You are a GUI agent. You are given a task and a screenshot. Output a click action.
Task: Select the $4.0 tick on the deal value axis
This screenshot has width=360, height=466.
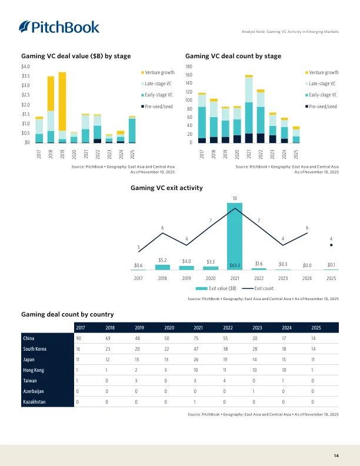tap(25, 66)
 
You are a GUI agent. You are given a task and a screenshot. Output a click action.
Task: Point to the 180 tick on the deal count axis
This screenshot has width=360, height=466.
tap(189, 66)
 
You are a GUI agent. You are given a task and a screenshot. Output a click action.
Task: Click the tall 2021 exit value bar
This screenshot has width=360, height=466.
tap(235, 236)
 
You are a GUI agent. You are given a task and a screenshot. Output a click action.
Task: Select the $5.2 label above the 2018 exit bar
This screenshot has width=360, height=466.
tap(164, 259)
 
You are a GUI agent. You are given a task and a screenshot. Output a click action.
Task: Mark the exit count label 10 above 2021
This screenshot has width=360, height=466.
tap(235, 198)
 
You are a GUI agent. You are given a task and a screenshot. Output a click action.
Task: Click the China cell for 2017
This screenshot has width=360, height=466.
tap(79, 339)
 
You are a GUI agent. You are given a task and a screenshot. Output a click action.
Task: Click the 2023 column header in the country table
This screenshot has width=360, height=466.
tap(257, 327)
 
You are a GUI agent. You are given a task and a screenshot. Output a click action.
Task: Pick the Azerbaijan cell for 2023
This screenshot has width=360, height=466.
tap(255, 391)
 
